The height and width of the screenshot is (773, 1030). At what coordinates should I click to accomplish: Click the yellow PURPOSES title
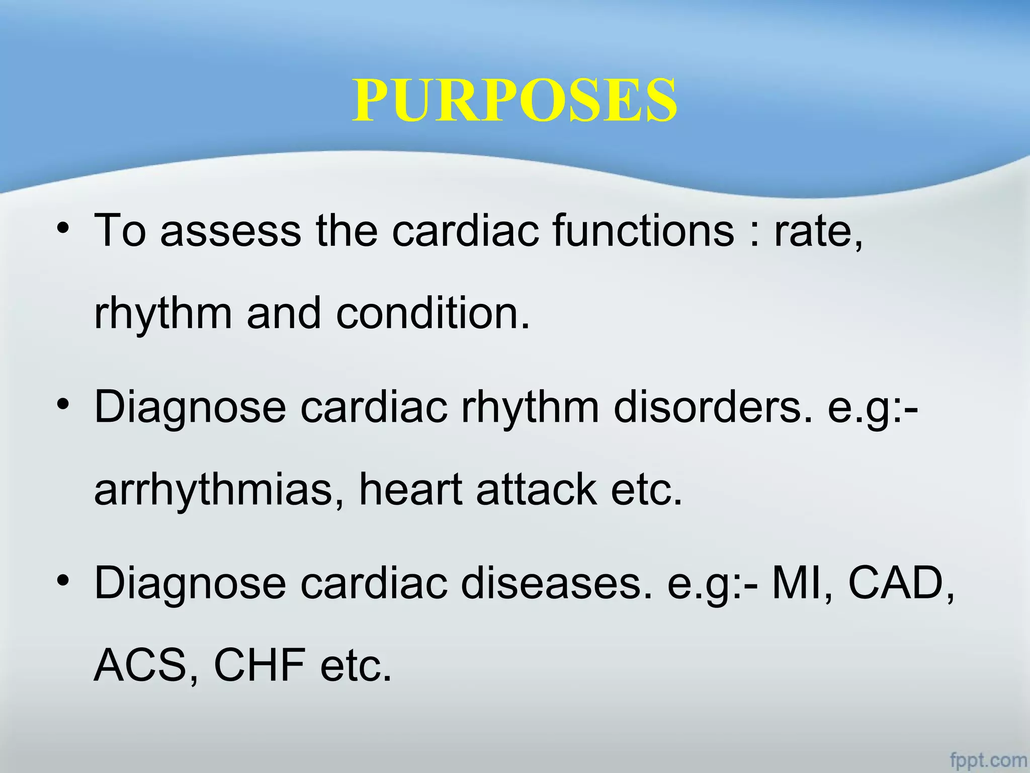pyautogui.click(x=514, y=100)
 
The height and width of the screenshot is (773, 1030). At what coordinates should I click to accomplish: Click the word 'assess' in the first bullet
pyautogui.click(x=231, y=231)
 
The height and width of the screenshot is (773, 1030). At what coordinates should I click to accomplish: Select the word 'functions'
pyautogui.click(x=643, y=231)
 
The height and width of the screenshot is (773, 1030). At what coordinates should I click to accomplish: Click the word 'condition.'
pyautogui.click(x=433, y=313)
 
